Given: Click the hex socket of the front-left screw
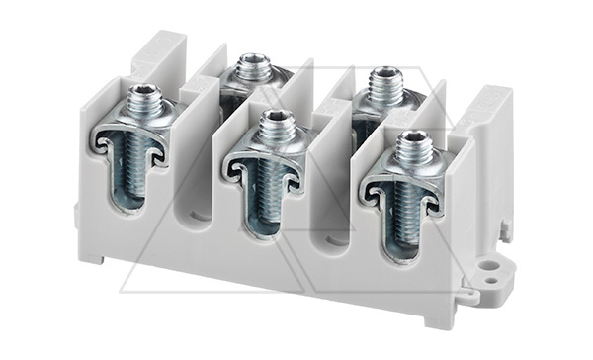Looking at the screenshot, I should [139, 94].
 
